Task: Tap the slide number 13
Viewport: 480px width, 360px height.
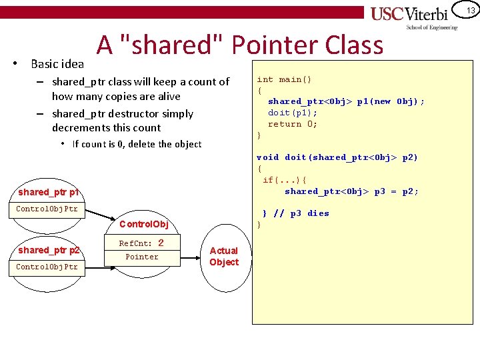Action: [470, 11]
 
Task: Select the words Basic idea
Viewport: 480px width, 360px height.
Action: [57, 64]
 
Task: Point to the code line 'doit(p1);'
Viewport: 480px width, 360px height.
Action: [293, 113]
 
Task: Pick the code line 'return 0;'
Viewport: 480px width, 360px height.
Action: [293, 124]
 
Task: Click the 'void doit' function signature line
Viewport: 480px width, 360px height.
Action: [337, 157]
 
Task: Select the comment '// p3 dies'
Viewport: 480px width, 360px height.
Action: [301, 213]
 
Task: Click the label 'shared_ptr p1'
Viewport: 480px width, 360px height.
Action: [49, 193]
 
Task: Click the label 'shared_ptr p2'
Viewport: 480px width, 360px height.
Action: [49, 250]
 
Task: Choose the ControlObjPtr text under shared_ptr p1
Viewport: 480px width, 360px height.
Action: [47, 209]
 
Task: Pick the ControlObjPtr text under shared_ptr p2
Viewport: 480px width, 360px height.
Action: [47, 267]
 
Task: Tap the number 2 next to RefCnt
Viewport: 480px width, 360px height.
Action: [160, 243]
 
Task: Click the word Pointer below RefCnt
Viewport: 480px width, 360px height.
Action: [142, 257]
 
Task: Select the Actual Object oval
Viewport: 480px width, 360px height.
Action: [223, 257]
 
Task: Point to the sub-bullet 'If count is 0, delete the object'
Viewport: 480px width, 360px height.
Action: [137, 144]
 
